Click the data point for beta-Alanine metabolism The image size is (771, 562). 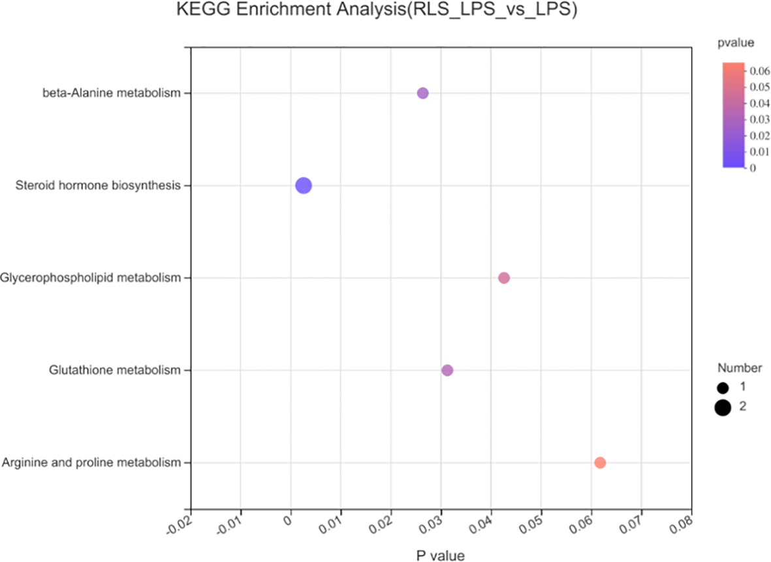click(422, 93)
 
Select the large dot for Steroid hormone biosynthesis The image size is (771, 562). click(304, 186)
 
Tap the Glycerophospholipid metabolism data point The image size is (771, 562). click(504, 278)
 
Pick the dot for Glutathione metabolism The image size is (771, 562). click(447, 371)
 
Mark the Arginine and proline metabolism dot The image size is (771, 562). click(600, 463)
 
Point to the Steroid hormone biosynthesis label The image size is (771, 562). click(97, 186)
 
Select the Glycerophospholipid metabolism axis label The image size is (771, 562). click(90, 278)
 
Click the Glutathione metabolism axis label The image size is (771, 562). click(114, 371)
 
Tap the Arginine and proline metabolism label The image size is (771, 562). click(91, 463)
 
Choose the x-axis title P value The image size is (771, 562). click(441, 555)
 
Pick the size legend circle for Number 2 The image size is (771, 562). click(722, 408)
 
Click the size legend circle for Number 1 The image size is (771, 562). click(722, 388)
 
